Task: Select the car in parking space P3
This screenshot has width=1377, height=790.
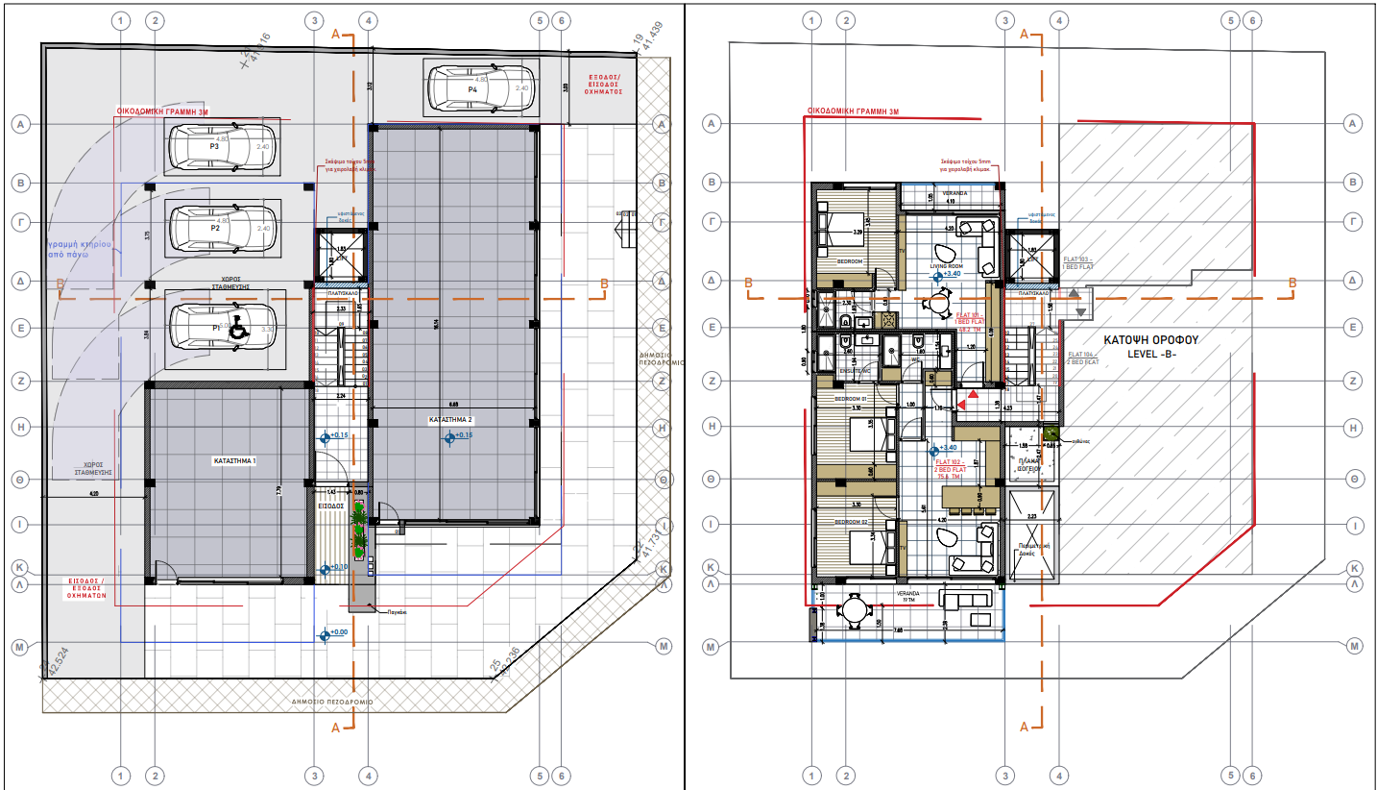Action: pos(222,146)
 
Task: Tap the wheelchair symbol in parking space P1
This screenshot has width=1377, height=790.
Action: pos(236,328)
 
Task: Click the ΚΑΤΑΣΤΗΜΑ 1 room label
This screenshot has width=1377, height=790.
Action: pos(234,461)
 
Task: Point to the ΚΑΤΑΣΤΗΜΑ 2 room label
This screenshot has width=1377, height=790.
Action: pos(450,421)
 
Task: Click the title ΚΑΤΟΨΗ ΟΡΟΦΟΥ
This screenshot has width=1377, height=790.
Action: pos(1144,340)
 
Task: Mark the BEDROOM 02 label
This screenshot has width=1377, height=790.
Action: pos(851,522)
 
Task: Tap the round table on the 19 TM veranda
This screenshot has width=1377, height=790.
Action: pos(853,609)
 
